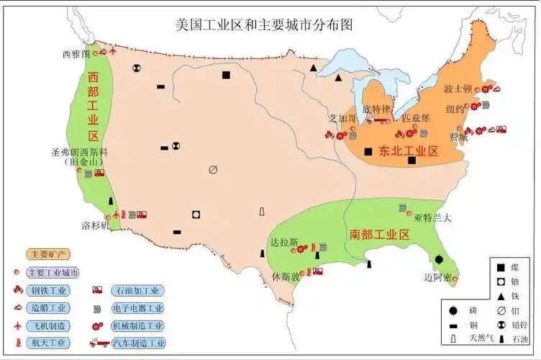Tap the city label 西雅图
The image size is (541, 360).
click(76, 54)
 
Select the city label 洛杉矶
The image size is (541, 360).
click(95, 225)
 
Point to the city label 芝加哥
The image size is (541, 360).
click(341, 117)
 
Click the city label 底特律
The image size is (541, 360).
click(375, 109)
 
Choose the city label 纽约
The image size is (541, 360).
click(455, 109)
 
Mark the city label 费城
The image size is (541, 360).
click(458, 135)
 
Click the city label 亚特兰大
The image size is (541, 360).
click(433, 218)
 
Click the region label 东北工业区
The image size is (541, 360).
click(409, 151)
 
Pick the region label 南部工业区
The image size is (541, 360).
click(379, 235)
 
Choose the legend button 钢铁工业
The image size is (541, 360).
click(48, 291)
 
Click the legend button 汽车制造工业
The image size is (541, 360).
click(138, 343)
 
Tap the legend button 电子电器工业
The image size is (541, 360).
click(138, 308)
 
